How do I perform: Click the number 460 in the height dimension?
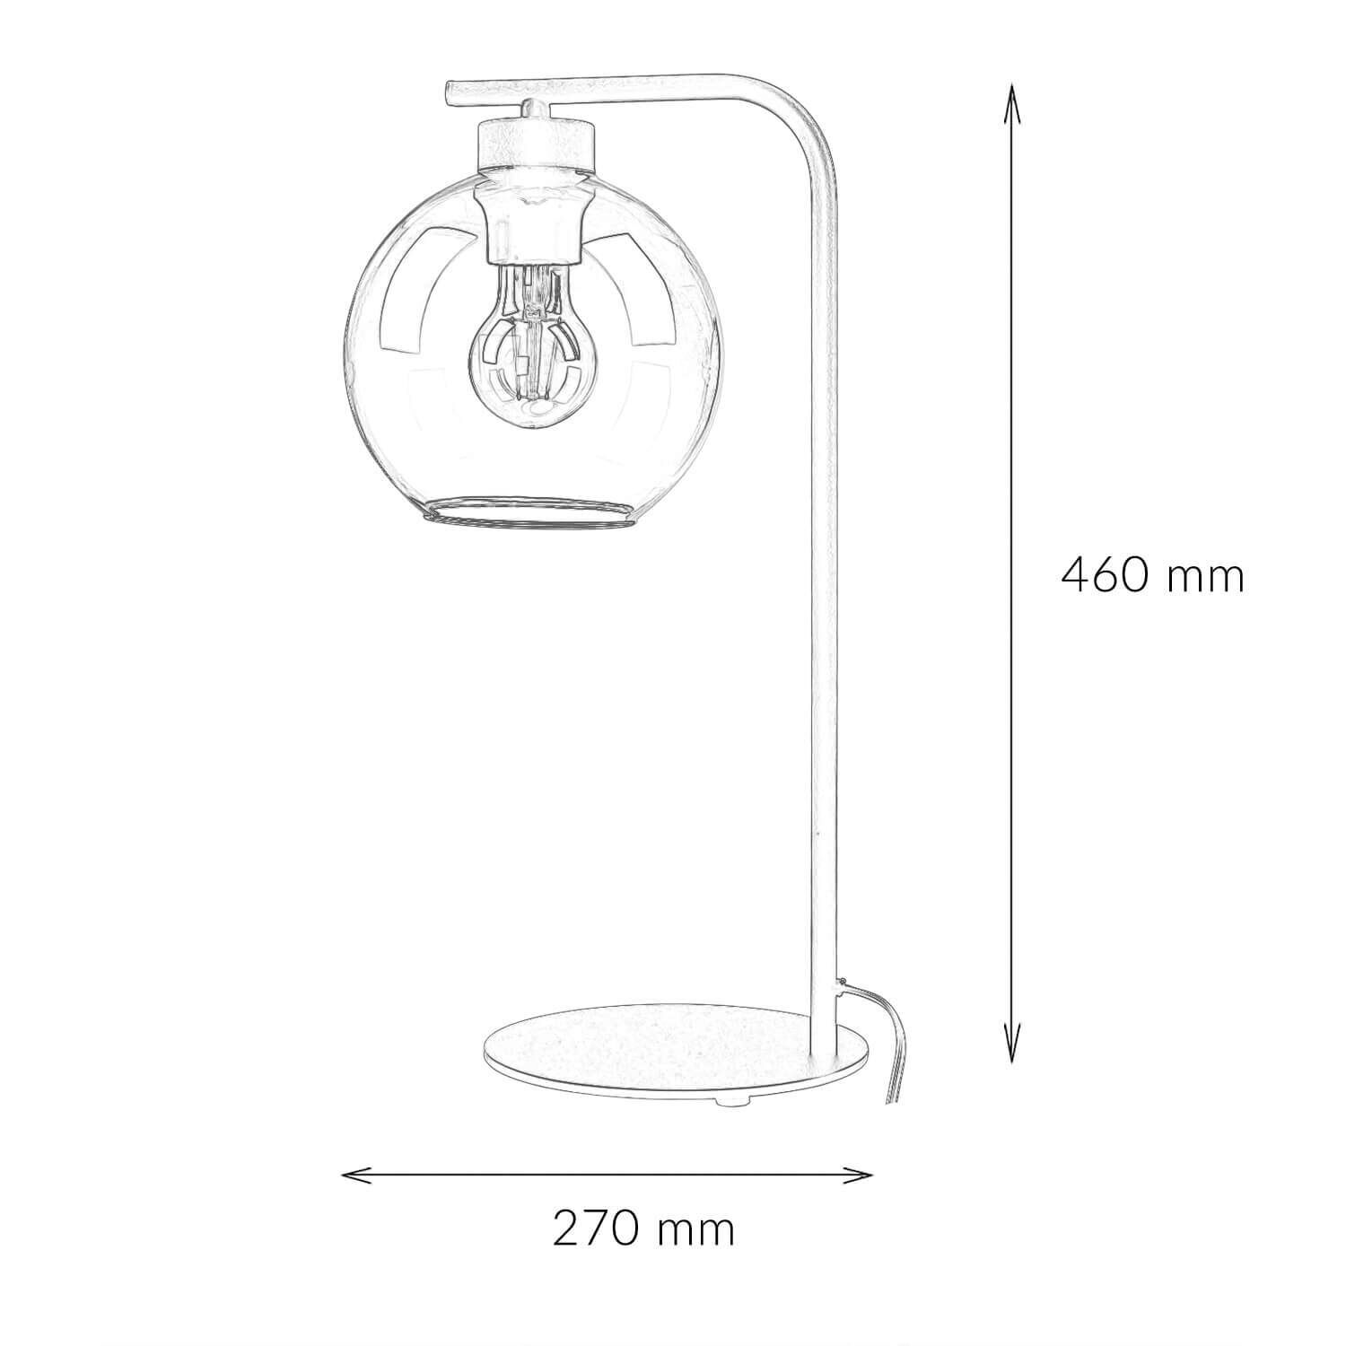[x=1104, y=575]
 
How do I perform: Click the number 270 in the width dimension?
[x=594, y=1228]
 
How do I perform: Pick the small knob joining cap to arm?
[x=533, y=108]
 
